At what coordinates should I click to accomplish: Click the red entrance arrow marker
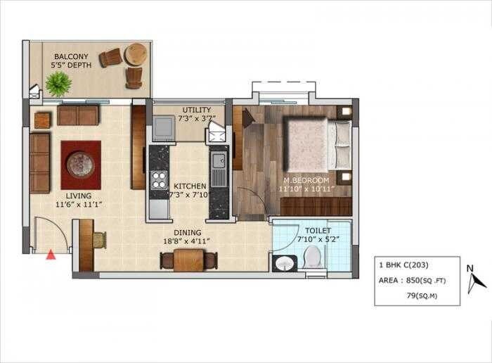click(x=51, y=255)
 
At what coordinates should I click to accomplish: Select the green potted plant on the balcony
click(x=58, y=83)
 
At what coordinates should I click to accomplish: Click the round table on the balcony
click(x=136, y=53)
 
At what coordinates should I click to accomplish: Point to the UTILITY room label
click(x=195, y=110)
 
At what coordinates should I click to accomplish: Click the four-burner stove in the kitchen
click(x=159, y=179)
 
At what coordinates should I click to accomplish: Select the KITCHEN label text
click(x=190, y=186)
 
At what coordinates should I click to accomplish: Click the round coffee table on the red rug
click(x=79, y=164)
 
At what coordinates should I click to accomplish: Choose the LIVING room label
click(x=78, y=196)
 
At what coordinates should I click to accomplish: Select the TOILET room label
click(x=318, y=230)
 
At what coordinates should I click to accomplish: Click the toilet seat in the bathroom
click(x=314, y=260)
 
